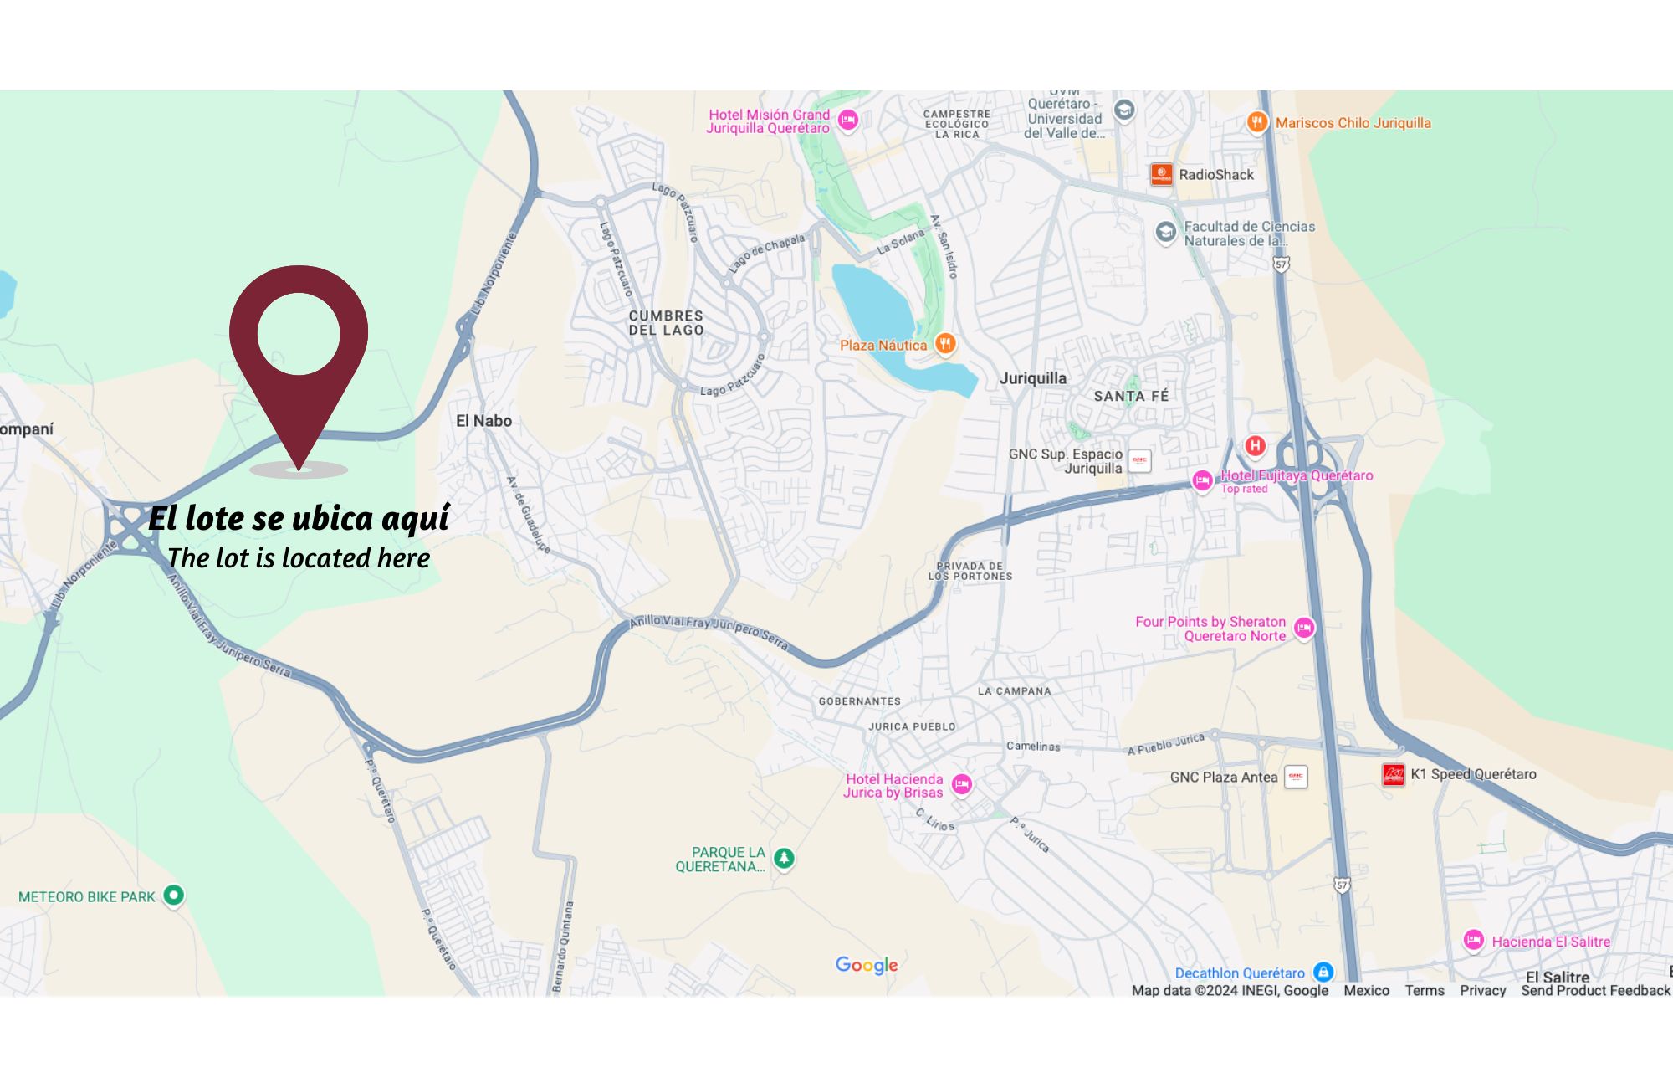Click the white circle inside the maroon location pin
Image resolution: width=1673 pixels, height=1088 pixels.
click(x=299, y=333)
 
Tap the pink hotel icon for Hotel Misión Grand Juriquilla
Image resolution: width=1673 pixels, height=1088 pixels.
click(x=848, y=120)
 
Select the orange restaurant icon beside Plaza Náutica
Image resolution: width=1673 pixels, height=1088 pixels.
click(x=945, y=343)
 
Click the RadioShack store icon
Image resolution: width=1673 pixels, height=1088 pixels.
click(x=1161, y=174)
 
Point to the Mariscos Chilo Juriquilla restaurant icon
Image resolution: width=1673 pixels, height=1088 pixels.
click(x=1256, y=122)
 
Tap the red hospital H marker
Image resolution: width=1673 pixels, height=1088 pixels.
click(x=1255, y=445)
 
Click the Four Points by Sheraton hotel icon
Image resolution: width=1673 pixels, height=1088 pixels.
click(x=1304, y=628)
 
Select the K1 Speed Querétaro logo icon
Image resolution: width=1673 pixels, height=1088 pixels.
click(x=1393, y=774)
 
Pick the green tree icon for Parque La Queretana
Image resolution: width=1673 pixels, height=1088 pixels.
click(x=784, y=858)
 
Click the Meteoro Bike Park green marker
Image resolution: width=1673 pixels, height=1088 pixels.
click(x=173, y=896)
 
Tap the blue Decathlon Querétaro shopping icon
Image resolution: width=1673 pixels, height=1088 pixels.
click(x=1323, y=972)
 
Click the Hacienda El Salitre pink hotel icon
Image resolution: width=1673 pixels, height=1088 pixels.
click(x=1474, y=941)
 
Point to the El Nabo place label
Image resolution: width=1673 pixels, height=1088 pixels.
click(x=483, y=421)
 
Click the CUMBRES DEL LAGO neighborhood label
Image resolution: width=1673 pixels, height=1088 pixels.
click(x=666, y=323)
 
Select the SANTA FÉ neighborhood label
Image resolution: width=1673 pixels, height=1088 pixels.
click(x=1131, y=396)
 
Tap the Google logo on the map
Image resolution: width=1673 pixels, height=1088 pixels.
click(x=867, y=965)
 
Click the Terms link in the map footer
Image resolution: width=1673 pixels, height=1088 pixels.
click(x=1425, y=990)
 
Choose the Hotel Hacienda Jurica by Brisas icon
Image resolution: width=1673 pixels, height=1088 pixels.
click(x=962, y=784)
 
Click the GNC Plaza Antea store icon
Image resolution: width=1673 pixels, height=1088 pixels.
click(x=1296, y=777)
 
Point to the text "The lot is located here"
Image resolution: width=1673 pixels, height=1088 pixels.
click(x=299, y=558)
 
